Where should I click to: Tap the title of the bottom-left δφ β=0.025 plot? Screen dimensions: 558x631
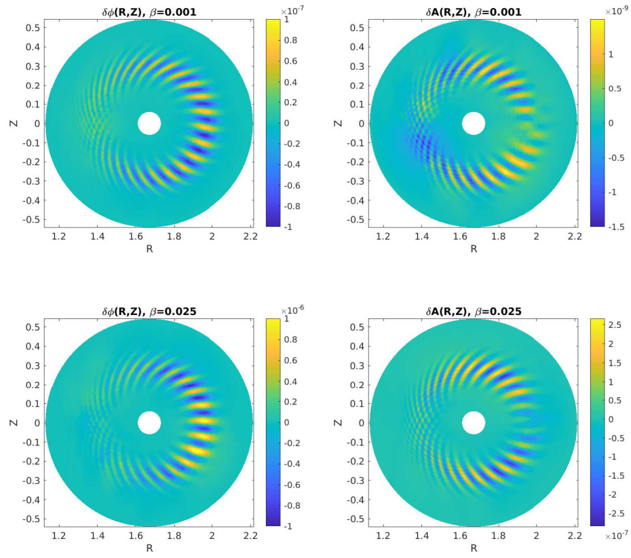coord(149,312)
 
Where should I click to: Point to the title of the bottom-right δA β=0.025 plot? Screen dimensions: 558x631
coord(473,312)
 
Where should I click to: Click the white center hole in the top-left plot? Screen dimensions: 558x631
coord(149,124)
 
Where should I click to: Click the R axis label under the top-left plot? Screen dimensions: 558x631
coord(149,248)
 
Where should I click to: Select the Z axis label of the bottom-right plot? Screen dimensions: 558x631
coord(339,422)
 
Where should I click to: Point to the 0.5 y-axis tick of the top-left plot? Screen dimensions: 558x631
coord(32,30)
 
